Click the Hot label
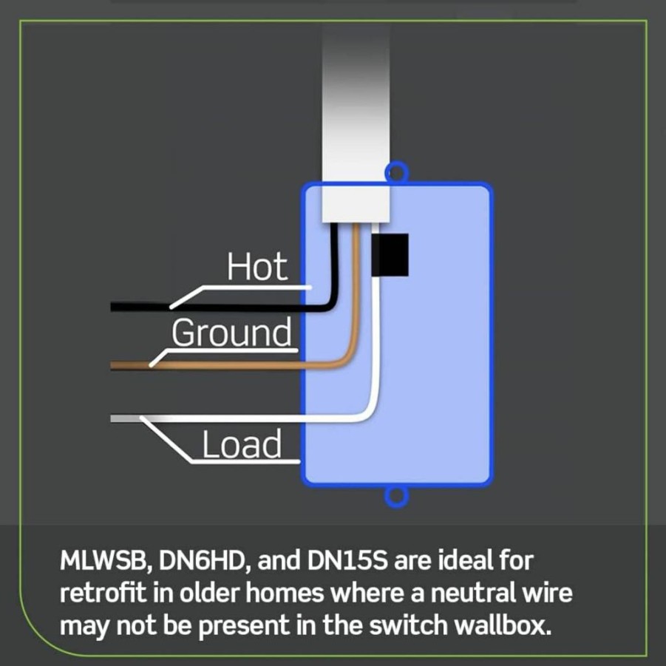(257, 266)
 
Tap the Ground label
(232, 333)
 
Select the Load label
(241, 444)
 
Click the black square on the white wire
(390, 255)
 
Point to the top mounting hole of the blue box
(396, 172)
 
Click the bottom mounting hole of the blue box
(396, 496)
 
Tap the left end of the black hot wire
(112, 306)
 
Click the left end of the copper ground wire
(112, 365)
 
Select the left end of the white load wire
(112, 419)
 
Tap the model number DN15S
(347, 560)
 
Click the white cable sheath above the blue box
(356, 123)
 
